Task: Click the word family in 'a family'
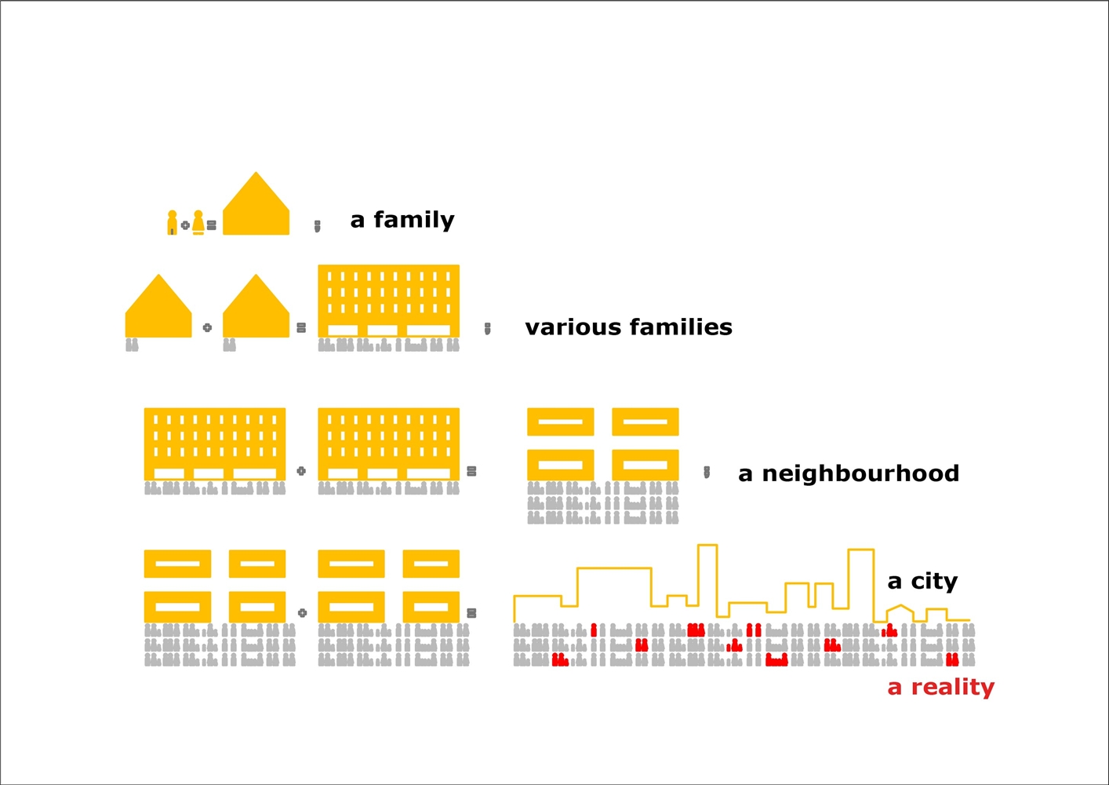pos(414,220)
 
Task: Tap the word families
pos(681,327)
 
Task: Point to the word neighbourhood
pos(860,473)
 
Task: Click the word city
pos(934,582)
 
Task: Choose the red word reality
pos(953,688)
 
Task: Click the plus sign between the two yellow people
pos(185,225)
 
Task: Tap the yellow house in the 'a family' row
pos(256,203)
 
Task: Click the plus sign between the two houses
pos(207,327)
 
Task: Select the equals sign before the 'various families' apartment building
pos(301,327)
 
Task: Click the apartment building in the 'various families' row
pos(389,301)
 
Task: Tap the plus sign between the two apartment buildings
pos(301,471)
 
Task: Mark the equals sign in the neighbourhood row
pos(472,471)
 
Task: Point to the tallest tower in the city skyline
pos(707,581)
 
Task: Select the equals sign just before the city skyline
pos(472,613)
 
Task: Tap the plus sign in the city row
pos(302,613)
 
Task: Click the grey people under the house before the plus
pos(133,345)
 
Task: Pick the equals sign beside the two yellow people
pos(212,225)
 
